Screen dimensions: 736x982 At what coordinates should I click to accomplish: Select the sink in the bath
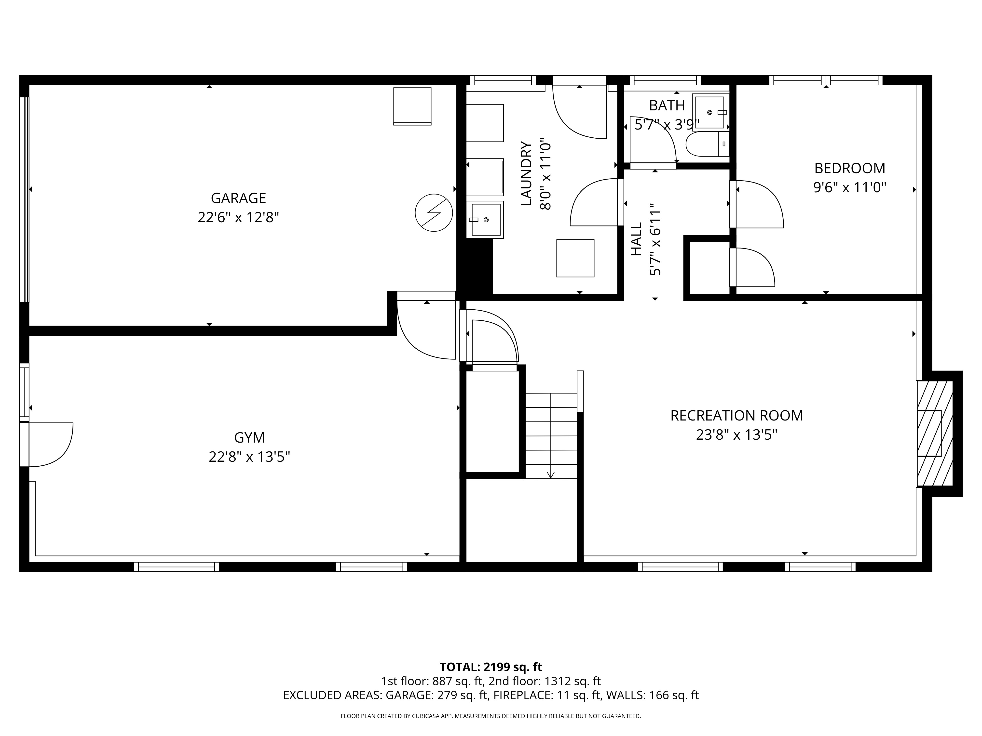click(x=709, y=113)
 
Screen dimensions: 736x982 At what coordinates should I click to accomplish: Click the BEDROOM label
click(x=849, y=169)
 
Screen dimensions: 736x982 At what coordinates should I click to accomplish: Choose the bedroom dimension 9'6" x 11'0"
click(x=849, y=188)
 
